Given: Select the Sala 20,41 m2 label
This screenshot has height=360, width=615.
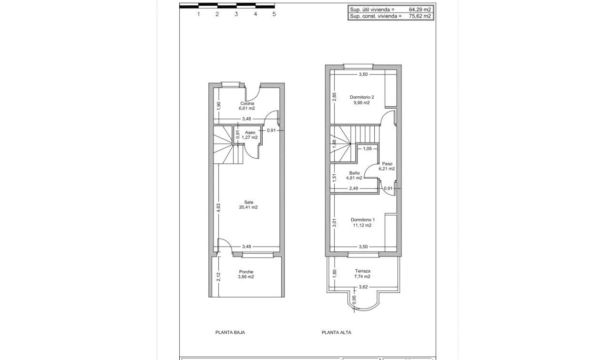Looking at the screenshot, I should [x=248, y=205].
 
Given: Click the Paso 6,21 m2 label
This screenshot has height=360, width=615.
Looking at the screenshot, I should [x=387, y=166].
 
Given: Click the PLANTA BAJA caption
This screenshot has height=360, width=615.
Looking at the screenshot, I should [x=230, y=332].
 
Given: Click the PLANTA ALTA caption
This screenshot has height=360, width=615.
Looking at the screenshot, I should [x=336, y=332].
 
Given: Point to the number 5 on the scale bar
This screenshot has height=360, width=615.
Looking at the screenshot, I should [x=274, y=14].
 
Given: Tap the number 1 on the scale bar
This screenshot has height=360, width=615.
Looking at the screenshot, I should [x=198, y=14].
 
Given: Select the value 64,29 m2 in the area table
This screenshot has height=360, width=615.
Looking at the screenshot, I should [x=420, y=10].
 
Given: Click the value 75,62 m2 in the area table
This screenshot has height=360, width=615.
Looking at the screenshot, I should [x=420, y=16].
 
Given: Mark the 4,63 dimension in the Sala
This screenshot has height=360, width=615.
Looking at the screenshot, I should [x=218, y=207].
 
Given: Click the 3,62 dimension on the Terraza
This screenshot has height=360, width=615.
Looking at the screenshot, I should [x=363, y=287].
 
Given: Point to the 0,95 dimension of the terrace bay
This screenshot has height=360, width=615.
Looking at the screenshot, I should [x=353, y=299].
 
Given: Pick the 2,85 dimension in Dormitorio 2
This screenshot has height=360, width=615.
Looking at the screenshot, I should [x=334, y=97].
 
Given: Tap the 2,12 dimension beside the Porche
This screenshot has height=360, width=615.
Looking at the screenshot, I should [x=218, y=277].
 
